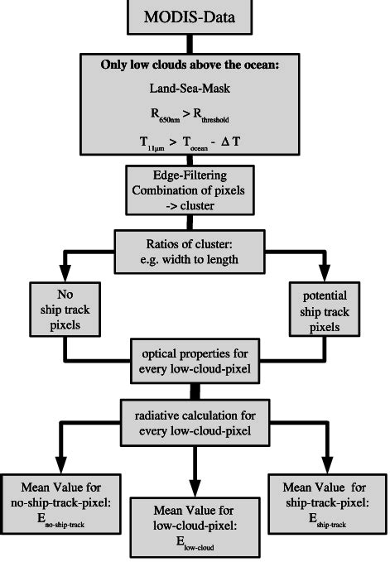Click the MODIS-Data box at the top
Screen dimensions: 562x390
click(195, 17)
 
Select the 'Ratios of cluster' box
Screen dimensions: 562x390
click(196, 249)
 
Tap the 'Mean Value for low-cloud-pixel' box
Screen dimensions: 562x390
click(195, 526)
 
